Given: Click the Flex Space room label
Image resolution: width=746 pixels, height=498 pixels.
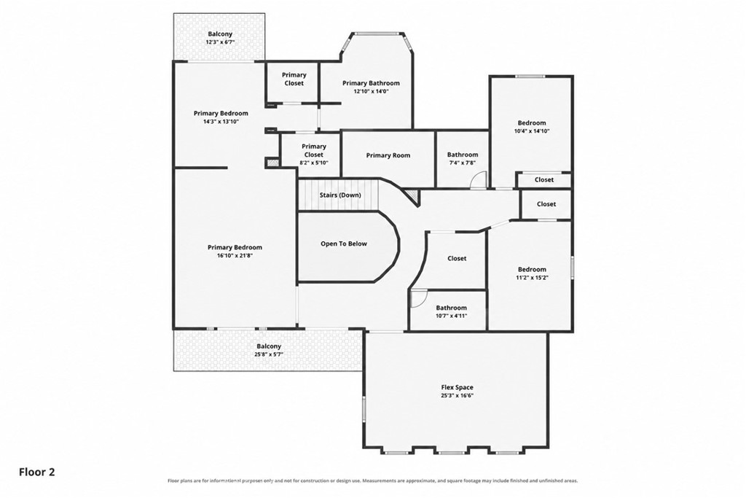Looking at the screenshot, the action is (x=457, y=388).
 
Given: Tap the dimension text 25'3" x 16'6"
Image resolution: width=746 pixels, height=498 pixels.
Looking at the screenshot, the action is (x=457, y=396).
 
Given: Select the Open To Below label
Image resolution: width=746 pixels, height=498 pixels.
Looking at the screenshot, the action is (x=344, y=244).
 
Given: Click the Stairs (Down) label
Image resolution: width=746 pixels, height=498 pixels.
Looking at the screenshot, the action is (x=339, y=195).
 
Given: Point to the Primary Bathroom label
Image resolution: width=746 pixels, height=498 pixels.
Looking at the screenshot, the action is (x=371, y=83).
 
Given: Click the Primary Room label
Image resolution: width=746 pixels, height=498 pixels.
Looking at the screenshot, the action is (x=388, y=155).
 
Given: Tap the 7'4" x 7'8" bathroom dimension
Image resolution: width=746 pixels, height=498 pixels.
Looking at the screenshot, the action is (x=463, y=163).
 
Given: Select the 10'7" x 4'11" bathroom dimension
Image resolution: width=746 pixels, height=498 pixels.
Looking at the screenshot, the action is (x=452, y=315).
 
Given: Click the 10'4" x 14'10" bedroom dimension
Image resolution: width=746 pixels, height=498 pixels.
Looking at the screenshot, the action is (x=532, y=131).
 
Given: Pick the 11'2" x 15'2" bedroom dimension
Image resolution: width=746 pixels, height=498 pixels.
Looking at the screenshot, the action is (x=532, y=277).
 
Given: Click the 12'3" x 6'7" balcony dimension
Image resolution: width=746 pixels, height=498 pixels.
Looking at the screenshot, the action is (x=220, y=42).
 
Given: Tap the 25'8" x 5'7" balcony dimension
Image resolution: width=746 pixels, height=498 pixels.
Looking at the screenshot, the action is (x=269, y=354).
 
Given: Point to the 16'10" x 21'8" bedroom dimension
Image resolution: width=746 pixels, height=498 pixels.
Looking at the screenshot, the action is (x=235, y=255).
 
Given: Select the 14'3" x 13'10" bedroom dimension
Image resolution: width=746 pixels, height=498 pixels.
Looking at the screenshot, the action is (x=220, y=122).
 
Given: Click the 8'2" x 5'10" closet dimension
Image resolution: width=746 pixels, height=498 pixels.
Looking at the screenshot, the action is (x=313, y=163).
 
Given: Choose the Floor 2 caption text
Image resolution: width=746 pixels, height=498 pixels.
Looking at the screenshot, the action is (x=37, y=472).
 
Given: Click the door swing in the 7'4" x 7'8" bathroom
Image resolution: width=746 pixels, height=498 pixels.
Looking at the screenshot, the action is (x=478, y=180).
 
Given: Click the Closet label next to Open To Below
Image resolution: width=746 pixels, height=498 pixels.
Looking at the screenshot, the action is (x=457, y=259).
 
